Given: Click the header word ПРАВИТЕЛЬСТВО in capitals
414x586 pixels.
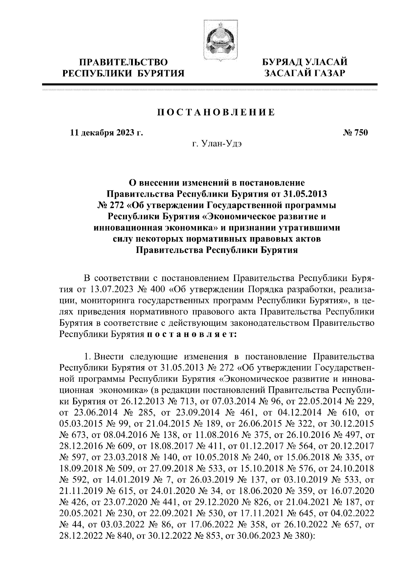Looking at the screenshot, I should [124, 62].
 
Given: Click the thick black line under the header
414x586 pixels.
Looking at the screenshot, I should [210, 84].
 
